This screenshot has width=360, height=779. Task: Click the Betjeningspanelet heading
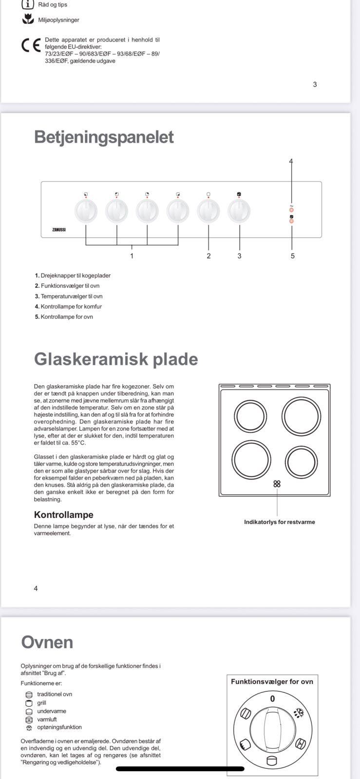(104, 137)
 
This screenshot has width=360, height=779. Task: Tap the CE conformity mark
(31, 45)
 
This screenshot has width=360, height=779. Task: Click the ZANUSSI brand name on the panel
(59, 229)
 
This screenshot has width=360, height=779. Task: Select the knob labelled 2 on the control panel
(208, 211)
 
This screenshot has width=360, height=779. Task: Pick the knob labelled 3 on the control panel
(239, 211)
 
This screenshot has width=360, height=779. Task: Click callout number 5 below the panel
(292, 256)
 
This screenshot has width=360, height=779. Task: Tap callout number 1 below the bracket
(132, 256)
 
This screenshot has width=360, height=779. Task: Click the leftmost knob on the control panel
(86, 211)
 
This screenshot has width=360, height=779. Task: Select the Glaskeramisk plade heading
(116, 359)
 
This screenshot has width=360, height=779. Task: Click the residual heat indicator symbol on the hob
(277, 483)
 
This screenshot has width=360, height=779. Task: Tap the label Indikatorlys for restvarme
(279, 522)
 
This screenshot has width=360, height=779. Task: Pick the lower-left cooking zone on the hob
(251, 461)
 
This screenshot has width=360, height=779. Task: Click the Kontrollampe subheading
(63, 515)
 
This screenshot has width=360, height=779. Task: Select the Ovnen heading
(47, 642)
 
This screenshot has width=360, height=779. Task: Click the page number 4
(36, 588)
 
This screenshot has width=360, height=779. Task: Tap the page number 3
(315, 84)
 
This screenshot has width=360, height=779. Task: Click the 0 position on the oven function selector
(272, 699)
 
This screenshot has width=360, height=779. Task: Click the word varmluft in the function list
(47, 719)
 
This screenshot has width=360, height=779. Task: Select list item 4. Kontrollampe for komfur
(68, 307)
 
